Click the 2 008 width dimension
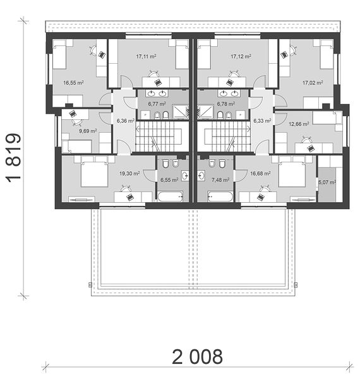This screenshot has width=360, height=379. [197, 356]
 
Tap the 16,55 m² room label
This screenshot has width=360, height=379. [73, 83]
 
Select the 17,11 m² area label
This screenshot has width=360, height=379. [146, 57]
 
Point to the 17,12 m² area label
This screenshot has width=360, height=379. [241, 57]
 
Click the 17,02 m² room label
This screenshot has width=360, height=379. [313, 83]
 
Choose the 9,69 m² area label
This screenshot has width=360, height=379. [88, 131]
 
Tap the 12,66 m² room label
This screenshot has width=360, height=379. [299, 124]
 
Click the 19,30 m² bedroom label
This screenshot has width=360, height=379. [129, 174]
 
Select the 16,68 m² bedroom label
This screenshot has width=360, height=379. [260, 174]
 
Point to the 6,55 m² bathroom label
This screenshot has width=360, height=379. [169, 180]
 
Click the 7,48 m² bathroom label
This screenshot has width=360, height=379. [220, 180]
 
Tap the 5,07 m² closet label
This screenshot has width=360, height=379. [327, 183]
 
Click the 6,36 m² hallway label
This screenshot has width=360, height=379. [126, 121]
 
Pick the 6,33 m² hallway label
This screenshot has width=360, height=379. [262, 121]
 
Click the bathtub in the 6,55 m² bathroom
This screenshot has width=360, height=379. [170, 196]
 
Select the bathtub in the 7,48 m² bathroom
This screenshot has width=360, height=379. [220, 196]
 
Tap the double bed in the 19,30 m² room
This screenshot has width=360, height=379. [94, 172]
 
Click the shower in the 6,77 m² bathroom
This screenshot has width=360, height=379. [181, 112]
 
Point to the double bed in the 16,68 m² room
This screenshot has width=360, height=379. [292, 172]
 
